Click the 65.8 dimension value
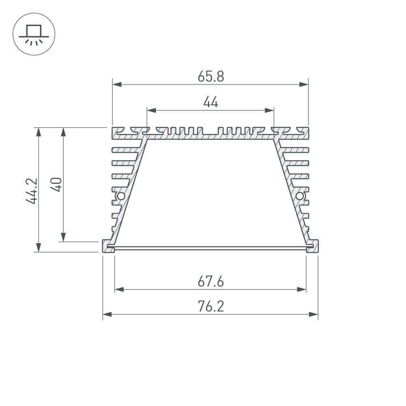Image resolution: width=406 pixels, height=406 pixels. tap(211, 76)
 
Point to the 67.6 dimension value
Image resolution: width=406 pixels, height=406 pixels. tap(211, 281)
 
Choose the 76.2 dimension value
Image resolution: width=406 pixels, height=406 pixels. tap(211, 307)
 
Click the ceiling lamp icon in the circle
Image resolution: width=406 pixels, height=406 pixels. tap(34, 34)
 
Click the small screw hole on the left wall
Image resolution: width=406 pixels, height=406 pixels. tap(120, 197)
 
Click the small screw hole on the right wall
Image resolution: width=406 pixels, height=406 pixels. tap(300, 197)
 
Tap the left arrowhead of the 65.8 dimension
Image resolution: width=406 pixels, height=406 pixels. tap(117, 84)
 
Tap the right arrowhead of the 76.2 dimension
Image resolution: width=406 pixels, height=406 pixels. tap(313, 314)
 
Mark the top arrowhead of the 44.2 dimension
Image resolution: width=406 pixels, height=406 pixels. tap(39, 132)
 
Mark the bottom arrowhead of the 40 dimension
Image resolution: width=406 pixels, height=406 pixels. tap(63, 237)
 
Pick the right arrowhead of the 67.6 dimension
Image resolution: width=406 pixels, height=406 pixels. tap(302, 289)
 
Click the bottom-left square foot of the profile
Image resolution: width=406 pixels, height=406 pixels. tap(108, 246)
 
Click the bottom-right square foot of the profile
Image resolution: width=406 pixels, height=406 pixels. tap(312, 246)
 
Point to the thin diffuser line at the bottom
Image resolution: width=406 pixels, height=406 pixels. tap(210, 247)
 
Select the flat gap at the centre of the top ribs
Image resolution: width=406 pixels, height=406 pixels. tap(210, 134)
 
